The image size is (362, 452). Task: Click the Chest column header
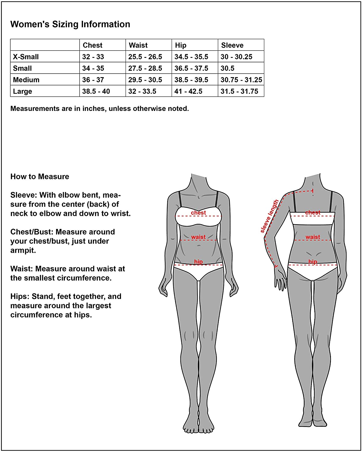[93, 45]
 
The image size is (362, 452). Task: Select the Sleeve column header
[232, 45]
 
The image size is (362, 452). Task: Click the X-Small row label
[26, 57]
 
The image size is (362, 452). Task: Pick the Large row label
[23, 91]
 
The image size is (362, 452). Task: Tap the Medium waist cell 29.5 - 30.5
[145, 80]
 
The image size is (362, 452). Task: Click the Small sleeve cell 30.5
[227, 68]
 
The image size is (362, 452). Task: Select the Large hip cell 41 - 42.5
[188, 91]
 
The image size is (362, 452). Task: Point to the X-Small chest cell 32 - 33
[93, 57]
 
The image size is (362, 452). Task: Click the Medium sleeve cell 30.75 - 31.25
[241, 80]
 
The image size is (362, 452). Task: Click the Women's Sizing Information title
[70, 24]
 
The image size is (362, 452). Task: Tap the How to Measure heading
[40, 177]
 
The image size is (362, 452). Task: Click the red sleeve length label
[269, 216]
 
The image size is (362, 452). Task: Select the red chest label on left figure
[198, 213]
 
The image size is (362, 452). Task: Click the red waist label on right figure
[313, 237]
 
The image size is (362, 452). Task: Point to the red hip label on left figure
[198, 262]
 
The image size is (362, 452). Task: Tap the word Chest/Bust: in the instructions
[32, 232]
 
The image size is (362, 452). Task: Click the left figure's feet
[199, 425]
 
